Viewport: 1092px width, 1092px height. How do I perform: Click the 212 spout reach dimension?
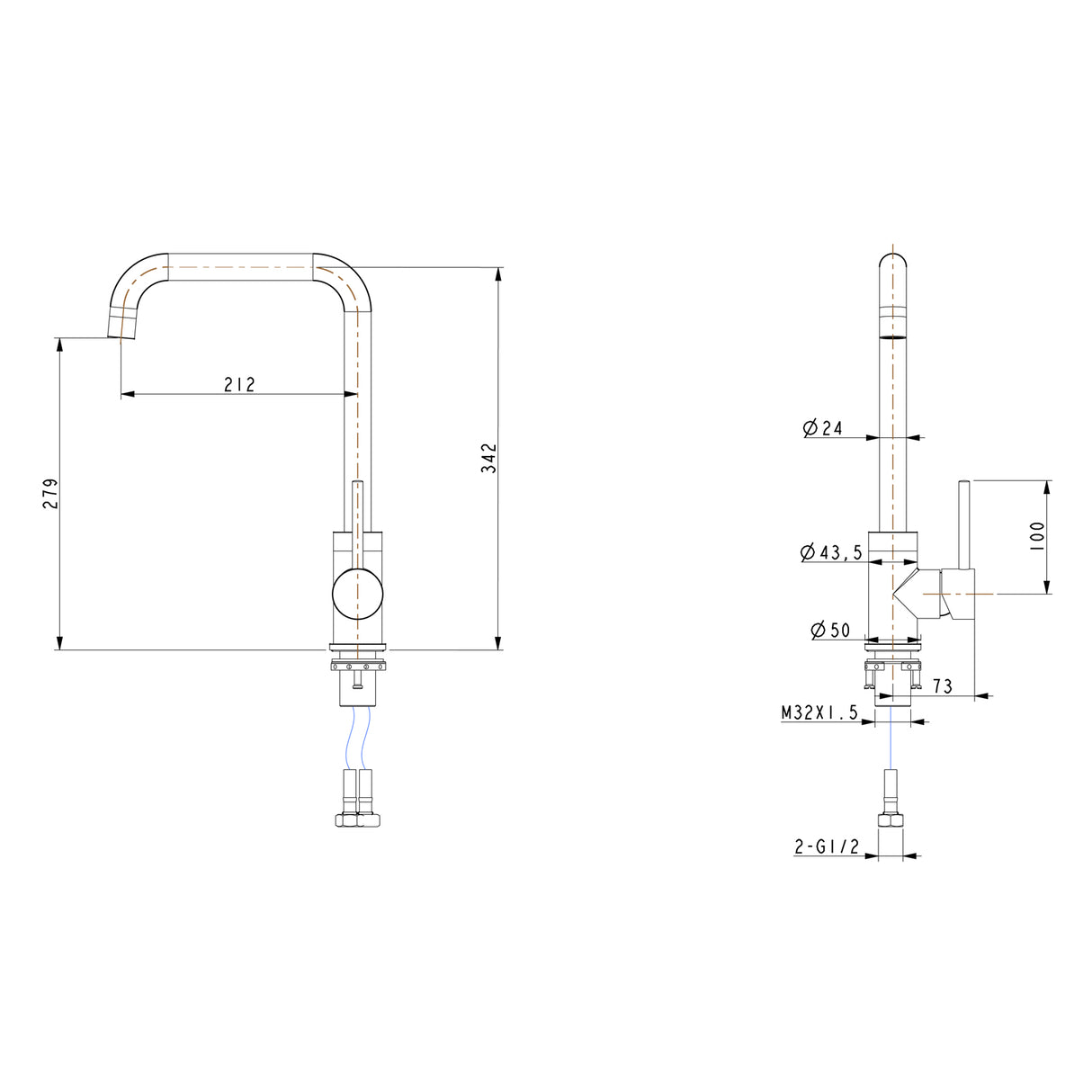pyautogui.click(x=239, y=385)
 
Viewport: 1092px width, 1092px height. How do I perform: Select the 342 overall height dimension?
pyautogui.click(x=488, y=458)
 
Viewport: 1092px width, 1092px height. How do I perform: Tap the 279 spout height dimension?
pyautogui.click(x=51, y=494)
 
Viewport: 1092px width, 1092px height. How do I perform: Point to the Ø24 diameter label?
pyautogui.click(x=823, y=428)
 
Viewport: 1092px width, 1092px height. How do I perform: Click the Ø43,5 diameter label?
pyautogui.click(x=831, y=552)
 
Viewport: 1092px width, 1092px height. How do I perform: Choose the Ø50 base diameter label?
pyautogui.click(x=830, y=630)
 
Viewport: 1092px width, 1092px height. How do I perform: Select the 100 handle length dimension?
pyautogui.click(x=1037, y=537)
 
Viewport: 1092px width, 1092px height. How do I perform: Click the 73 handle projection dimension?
pyautogui.click(x=942, y=686)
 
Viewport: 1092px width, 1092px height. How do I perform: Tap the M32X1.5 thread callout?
pyautogui.click(x=819, y=713)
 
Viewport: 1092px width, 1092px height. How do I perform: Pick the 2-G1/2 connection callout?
pyautogui.click(x=827, y=846)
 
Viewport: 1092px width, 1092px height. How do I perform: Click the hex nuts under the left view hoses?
pyautogui.click(x=357, y=819)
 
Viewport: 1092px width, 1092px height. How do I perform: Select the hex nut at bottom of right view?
pyautogui.click(x=890, y=819)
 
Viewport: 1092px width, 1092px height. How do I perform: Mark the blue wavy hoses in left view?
pyautogui.click(x=357, y=738)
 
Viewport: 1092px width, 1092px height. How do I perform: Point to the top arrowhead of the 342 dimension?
pyautogui.click(x=498, y=273)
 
